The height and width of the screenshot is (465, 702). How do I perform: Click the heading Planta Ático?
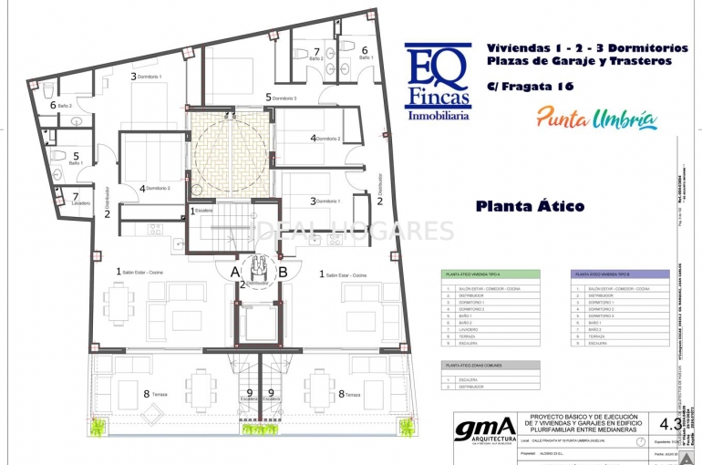530,206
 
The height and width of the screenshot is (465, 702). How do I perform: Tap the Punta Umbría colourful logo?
596,118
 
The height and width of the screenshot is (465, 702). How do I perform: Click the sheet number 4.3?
670,423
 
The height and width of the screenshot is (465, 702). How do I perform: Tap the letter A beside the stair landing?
234,271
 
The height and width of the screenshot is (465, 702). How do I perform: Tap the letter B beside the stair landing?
283,271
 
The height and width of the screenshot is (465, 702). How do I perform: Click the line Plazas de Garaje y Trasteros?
578,61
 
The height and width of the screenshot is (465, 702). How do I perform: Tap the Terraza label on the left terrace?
156,395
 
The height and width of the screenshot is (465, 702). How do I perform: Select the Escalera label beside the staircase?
202,211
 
